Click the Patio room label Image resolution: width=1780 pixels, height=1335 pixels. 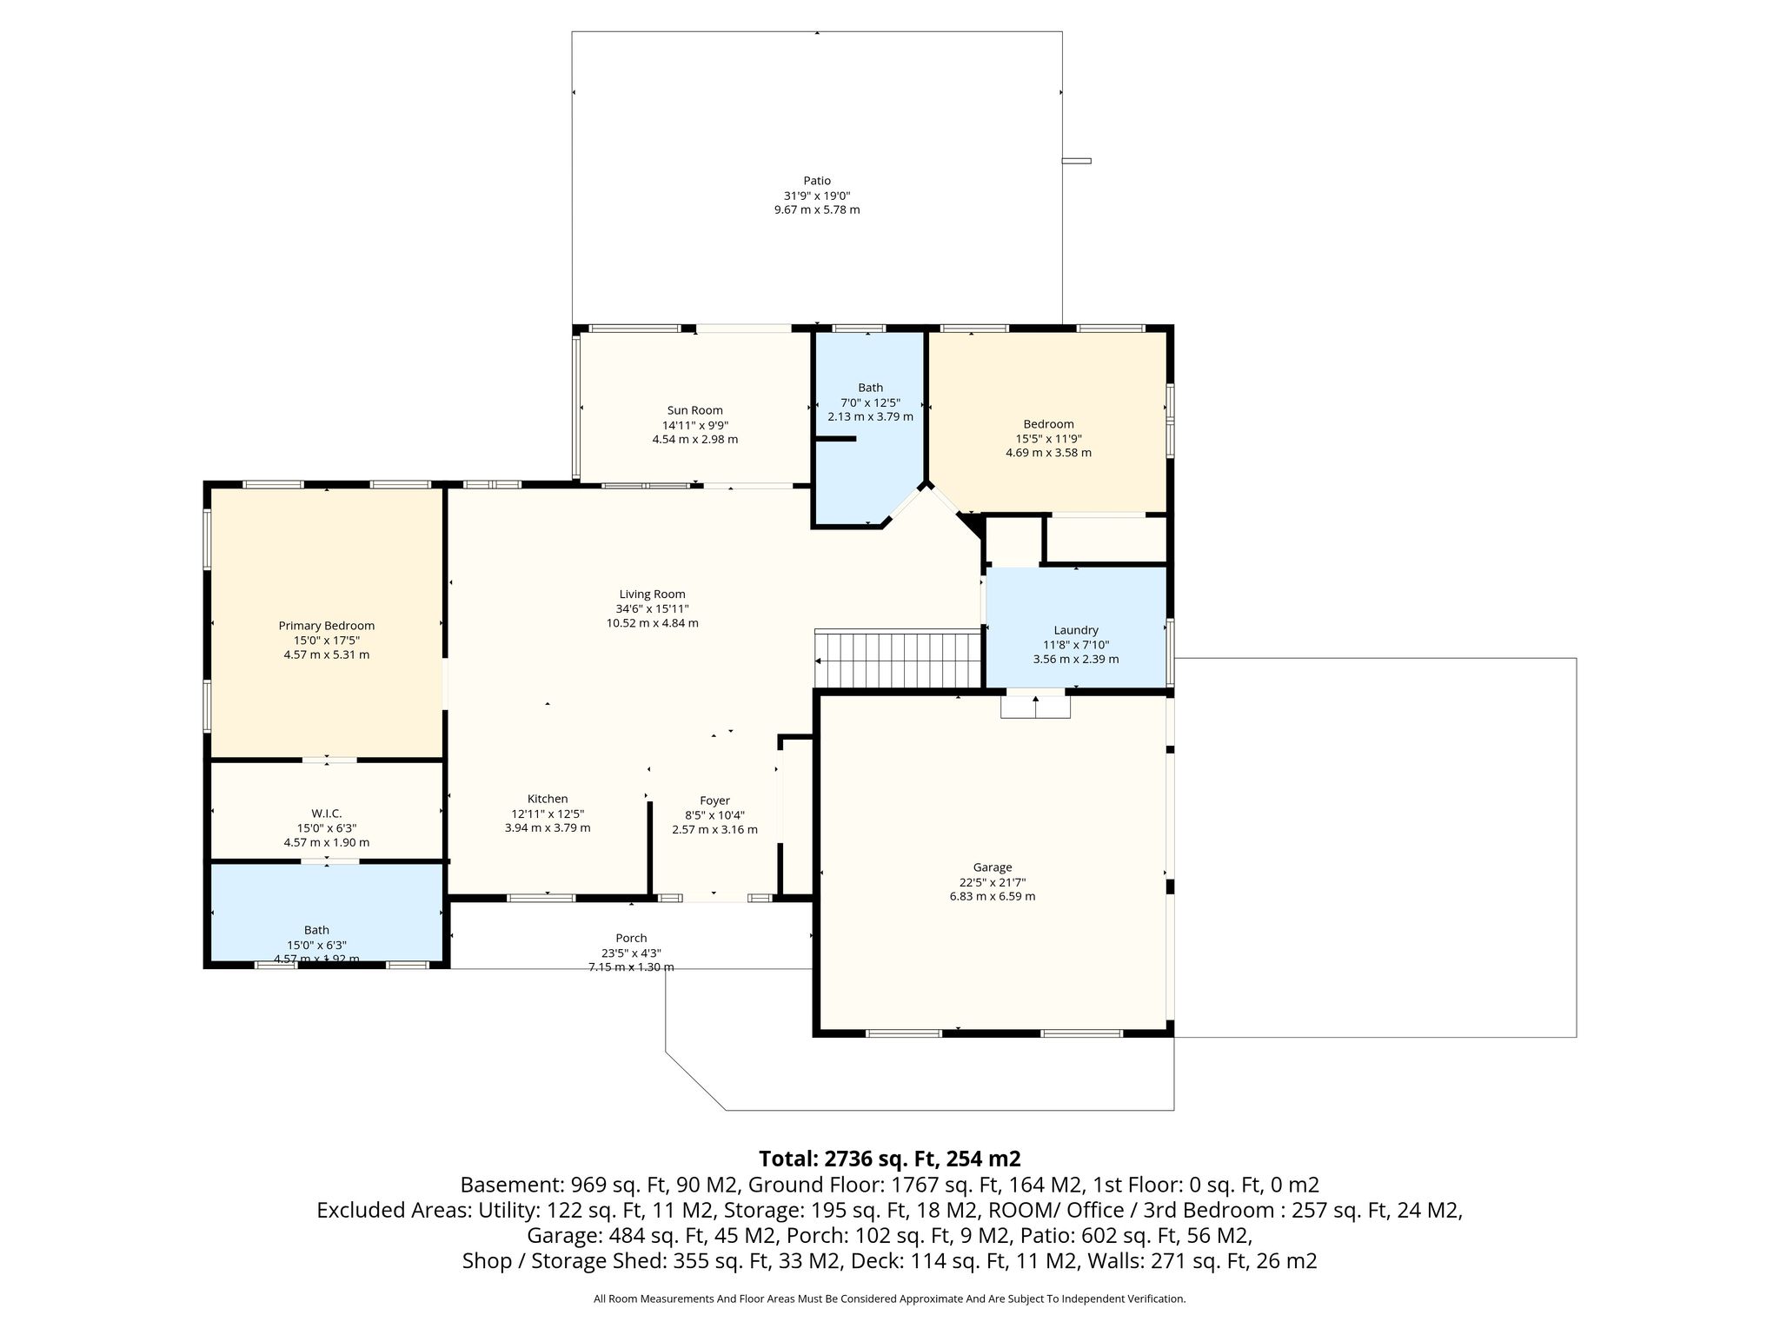coord(817,181)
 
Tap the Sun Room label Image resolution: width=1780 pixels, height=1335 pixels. coord(694,410)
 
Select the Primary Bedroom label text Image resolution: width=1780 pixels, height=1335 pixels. coord(326,626)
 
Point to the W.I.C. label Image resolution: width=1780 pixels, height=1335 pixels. coord(326,814)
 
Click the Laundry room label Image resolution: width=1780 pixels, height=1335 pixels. coord(1076,630)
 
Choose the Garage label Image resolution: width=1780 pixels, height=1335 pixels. coord(993,867)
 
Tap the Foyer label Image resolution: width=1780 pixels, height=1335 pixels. coord(714,800)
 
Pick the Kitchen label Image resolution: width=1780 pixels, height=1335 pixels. coord(548,799)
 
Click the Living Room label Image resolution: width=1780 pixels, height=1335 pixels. coord(652,594)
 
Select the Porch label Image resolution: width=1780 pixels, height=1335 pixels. coord(631,938)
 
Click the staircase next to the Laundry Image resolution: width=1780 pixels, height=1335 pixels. coord(898,659)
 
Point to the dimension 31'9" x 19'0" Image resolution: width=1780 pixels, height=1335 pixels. coord(817,196)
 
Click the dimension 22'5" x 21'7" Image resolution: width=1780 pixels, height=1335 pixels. coord(993,882)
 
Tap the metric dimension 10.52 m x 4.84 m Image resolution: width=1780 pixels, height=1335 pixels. coord(652,623)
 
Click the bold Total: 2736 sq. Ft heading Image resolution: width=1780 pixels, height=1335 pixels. coord(889,1159)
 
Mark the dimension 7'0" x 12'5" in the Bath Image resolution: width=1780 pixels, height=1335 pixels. coord(870,402)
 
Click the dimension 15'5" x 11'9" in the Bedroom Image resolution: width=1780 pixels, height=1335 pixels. coord(1048,439)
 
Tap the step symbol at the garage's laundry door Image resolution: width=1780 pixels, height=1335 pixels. coord(1035,706)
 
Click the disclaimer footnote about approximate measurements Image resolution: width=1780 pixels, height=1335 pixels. coord(889,1298)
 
